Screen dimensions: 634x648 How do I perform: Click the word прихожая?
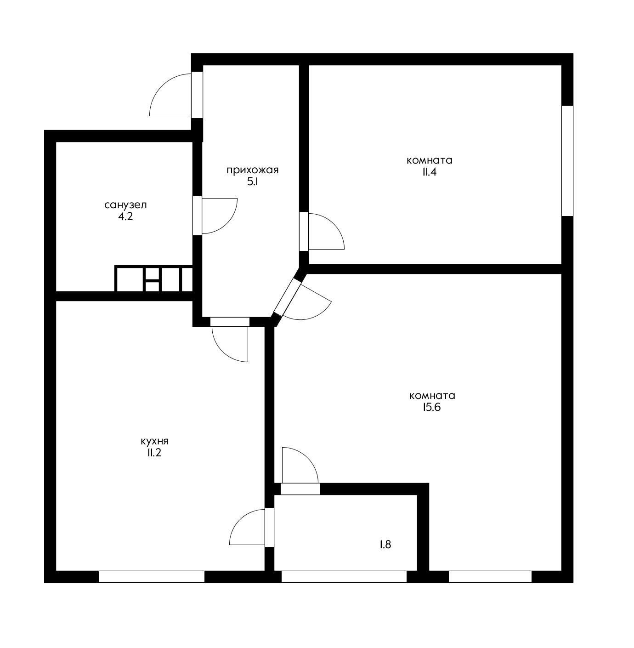253,170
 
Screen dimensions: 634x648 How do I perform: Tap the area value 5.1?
253,182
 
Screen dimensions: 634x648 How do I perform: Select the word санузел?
126,205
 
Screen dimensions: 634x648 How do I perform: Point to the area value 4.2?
125,216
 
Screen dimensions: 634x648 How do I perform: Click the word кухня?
155,441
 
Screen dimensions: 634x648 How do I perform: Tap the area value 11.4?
430,172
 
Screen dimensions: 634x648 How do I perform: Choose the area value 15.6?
432,407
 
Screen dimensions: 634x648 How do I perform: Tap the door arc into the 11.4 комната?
334,225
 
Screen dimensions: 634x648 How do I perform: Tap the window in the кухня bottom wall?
152,577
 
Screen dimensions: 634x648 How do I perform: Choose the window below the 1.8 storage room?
344,577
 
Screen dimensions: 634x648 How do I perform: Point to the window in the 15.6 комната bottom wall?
490,577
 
